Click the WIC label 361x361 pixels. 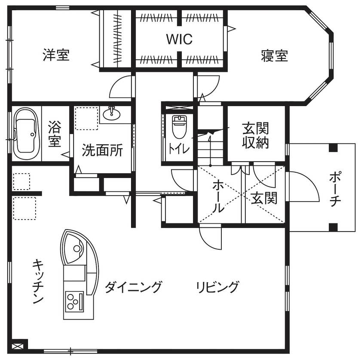180,39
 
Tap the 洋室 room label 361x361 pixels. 56,55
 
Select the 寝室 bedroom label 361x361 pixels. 274,56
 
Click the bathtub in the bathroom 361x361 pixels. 25,133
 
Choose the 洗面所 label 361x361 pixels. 102,151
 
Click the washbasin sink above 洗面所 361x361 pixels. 113,113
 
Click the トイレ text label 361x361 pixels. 178,149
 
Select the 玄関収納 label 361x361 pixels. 255,135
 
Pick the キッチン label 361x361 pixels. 38,281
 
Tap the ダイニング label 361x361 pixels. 134,286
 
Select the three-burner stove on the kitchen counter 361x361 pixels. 73,300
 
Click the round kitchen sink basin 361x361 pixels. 77,248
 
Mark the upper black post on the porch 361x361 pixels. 333,148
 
